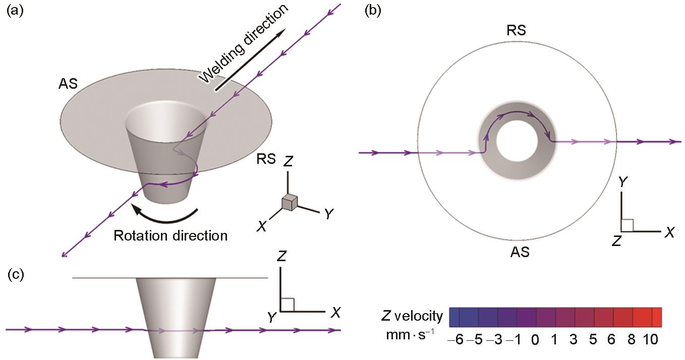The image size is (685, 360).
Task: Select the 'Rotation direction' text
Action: [170, 235]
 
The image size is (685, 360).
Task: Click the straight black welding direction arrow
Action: [249, 61]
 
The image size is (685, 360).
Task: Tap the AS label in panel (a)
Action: [68, 83]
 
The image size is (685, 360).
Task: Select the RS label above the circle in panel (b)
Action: [516, 30]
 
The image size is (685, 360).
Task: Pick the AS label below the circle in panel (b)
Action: [520, 252]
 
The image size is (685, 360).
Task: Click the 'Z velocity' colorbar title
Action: [413, 317]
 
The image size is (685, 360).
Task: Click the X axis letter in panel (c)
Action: [335, 313]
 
